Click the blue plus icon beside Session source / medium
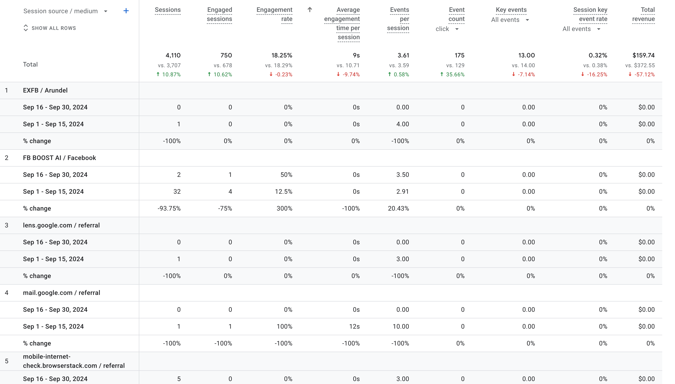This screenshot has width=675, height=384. coord(126,11)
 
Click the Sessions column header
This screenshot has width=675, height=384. coord(168,10)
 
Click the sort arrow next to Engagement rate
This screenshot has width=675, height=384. coord(310,10)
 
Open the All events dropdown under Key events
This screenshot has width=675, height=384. coord(510,20)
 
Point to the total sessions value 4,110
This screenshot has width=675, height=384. coord(173,55)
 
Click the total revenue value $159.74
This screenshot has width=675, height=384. coord(643,55)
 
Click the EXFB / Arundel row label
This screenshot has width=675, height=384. coord(45,90)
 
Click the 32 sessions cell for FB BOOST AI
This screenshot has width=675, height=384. coord(177,191)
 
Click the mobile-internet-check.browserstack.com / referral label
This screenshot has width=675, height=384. coord(74,361)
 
